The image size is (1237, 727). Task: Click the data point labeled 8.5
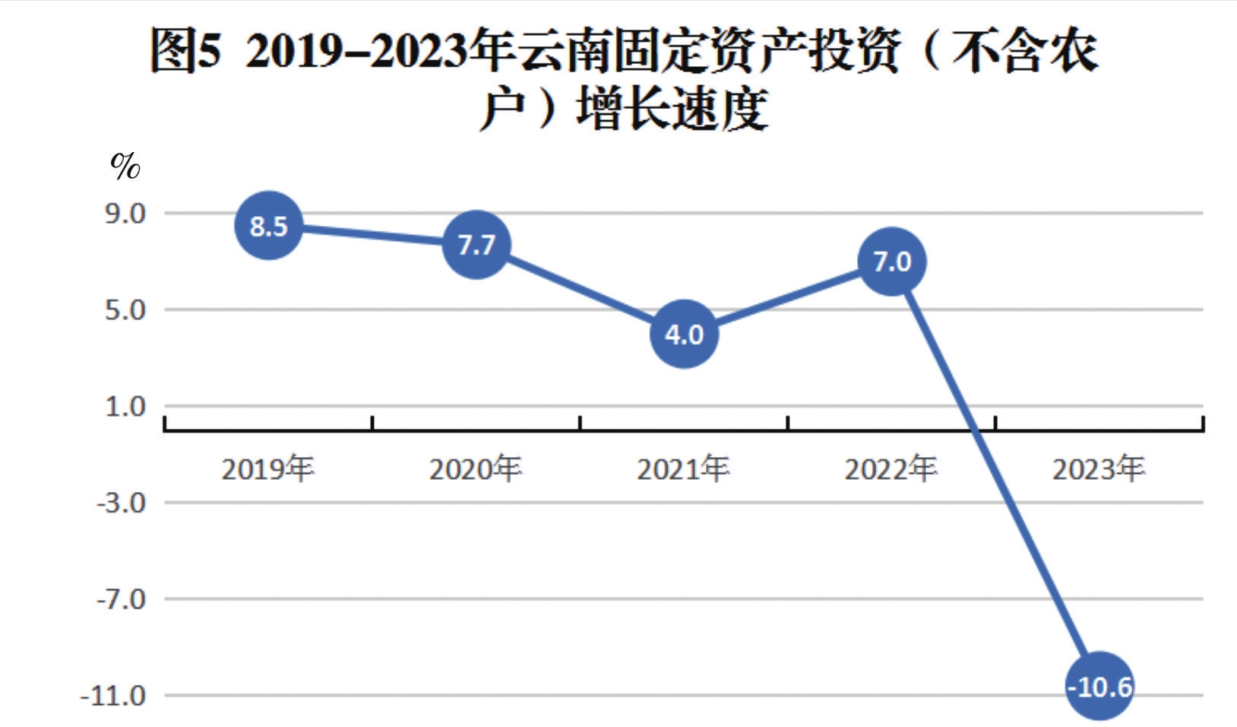click(x=268, y=226)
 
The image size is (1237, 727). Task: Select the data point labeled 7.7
click(x=476, y=245)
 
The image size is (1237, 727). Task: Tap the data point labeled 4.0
click(x=684, y=335)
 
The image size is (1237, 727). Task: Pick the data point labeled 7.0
click(x=891, y=262)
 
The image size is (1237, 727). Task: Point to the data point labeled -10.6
click(x=1099, y=687)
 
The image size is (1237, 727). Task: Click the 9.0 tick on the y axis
click(x=125, y=214)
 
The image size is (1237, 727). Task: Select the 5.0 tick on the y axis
click(x=125, y=310)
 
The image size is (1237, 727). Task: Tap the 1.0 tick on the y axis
click(x=125, y=407)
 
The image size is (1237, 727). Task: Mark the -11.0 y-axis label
click(x=114, y=696)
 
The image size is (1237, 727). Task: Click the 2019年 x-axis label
click(x=267, y=469)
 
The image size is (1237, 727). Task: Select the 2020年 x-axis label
click(x=476, y=469)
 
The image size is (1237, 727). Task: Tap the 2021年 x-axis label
click(x=683, y=469)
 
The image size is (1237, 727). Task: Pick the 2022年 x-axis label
click(x=891, y=469)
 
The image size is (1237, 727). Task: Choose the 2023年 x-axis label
click(x=1099, y=469)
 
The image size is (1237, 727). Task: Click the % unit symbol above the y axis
click(x=125, y=165)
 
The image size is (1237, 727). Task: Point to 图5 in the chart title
click(x=185, y=51)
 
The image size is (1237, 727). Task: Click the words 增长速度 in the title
click(x=672, y=109)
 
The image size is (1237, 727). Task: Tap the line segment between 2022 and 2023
click(x=995, y=474)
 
